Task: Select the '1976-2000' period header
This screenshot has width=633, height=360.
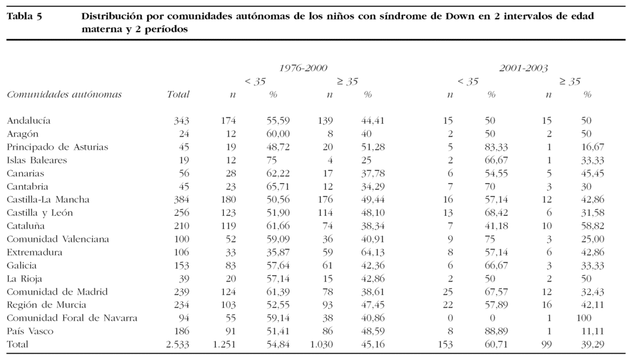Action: (x=302, y=68)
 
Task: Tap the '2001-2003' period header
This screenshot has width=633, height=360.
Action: (x=524, y=68)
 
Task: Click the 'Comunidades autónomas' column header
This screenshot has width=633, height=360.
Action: (x=64, y=95)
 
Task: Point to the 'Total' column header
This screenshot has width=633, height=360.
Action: (x=178, y=95)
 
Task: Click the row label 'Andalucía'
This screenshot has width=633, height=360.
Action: (x=28, y=121)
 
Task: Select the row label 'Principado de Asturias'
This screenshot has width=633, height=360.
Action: (x=57, y=147)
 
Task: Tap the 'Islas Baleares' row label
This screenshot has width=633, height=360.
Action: (x=37, y=160)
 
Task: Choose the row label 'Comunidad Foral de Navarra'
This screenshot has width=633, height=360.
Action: (x=72, y=319)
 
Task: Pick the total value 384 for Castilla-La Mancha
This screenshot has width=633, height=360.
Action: (x=181, y=200)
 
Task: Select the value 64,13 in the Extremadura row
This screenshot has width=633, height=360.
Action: (x=373, y=252)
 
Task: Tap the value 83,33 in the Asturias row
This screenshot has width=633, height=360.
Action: (x=497, y=147)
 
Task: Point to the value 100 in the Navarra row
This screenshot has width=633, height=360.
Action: (x=584, y=319)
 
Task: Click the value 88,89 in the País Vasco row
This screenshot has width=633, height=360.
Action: (x=497, y=332)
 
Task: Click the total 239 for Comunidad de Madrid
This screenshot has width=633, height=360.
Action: (x=181, y=292)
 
